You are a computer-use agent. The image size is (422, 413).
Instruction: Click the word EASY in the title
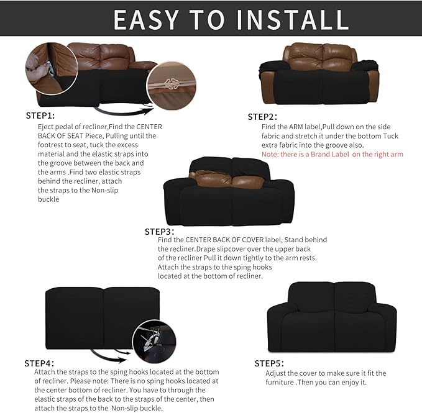pos(154,19)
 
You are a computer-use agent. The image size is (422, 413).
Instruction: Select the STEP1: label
pos(40,116)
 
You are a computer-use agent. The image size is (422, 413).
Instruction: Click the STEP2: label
pos(262,117)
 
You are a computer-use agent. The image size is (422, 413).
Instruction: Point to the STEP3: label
pos(159,231)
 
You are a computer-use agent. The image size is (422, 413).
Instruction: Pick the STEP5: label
pos(269,363)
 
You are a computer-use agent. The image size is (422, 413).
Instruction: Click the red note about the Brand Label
pos(333,154)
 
